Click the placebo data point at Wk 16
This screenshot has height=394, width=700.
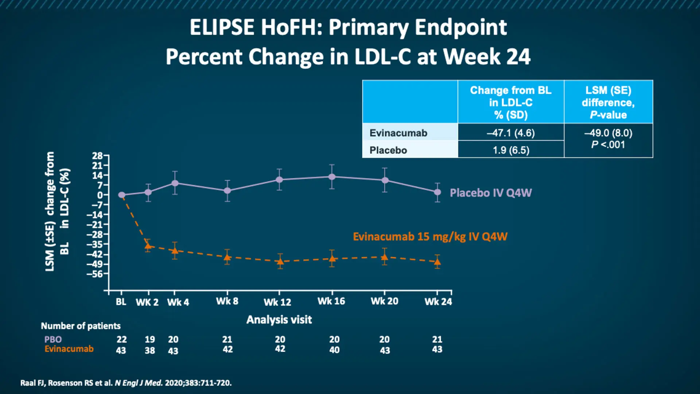332,177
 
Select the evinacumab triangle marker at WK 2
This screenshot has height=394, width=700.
148,246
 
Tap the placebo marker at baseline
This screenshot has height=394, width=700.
122,195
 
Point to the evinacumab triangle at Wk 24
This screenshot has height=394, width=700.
437,262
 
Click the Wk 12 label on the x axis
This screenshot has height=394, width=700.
277,302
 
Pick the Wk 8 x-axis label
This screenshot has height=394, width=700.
227,301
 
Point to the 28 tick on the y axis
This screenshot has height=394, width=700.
97,156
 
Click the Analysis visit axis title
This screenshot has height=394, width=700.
279,320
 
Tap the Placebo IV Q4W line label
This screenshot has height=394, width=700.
490,193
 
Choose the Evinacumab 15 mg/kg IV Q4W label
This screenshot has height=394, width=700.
430,236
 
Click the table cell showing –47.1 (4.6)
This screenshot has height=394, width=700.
510,133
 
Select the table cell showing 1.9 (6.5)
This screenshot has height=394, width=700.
511,150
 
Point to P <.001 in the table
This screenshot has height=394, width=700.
608,145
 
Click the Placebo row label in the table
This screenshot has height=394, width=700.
388,150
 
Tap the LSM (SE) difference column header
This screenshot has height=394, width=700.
608,102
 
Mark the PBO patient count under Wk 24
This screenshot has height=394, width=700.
437,339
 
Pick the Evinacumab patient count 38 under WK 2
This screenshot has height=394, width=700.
150,350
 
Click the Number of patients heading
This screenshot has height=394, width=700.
81,326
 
